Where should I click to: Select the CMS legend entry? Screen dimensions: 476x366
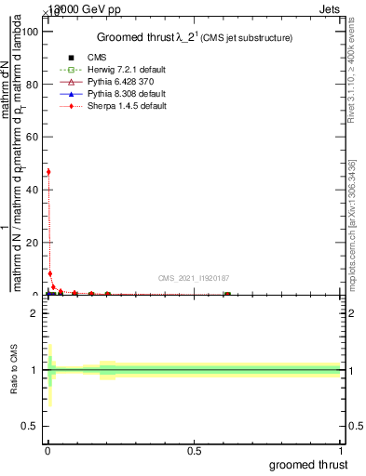[83, 57]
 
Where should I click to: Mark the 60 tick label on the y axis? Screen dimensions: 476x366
[33, 137]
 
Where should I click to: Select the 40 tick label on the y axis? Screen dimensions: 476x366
[33, 190]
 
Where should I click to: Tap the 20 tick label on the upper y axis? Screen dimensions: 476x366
[33, 242]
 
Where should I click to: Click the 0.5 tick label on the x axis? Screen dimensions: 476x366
[194, 449]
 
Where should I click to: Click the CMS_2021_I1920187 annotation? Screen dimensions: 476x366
[195, 278]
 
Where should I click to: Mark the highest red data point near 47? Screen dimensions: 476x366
[48, 172]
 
